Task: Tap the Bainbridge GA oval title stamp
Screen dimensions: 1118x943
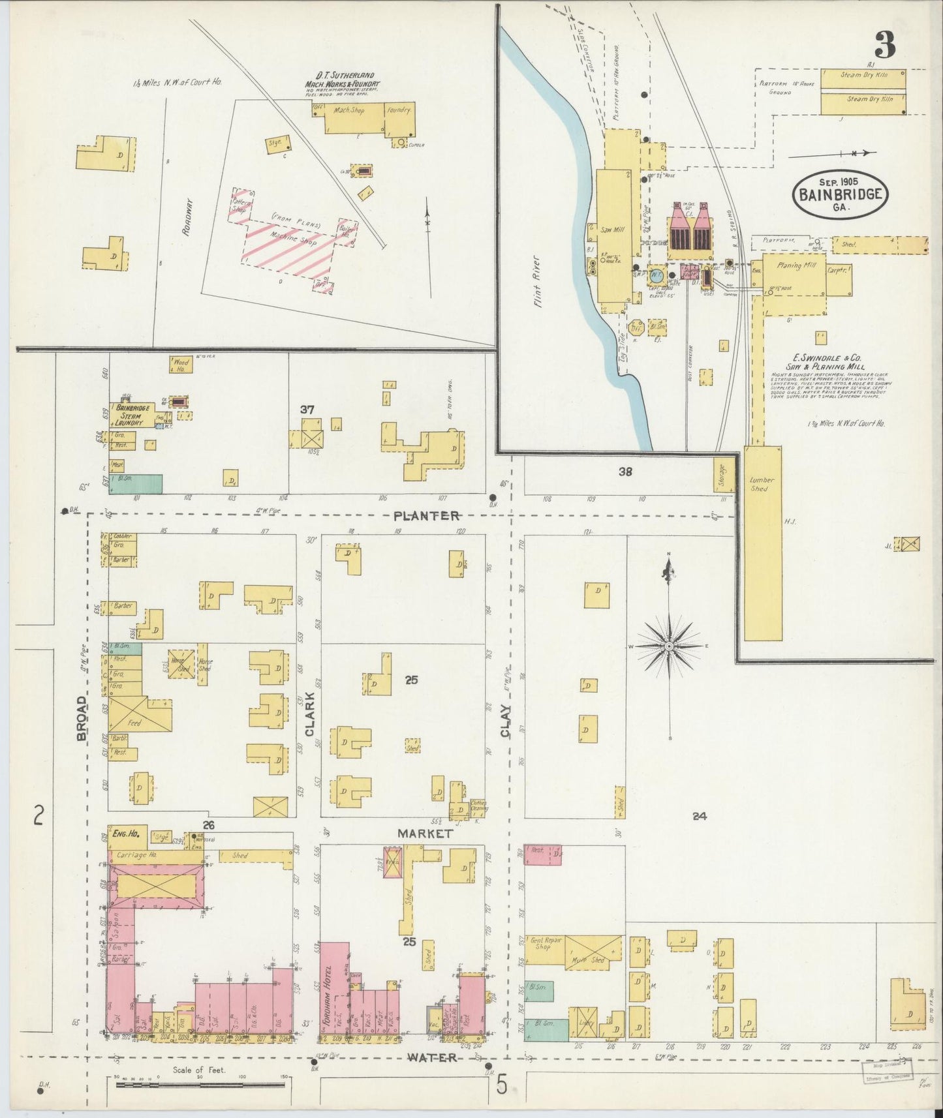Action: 840,194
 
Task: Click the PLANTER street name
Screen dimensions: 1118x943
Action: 426,516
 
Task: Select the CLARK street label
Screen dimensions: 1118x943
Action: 309,714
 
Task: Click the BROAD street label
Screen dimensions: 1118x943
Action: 82,718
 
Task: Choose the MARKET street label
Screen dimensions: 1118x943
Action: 425,834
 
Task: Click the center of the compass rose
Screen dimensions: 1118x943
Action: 669,646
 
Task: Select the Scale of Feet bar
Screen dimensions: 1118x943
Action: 200,1085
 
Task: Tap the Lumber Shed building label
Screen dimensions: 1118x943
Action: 762,483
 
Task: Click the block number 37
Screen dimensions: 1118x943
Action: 307,410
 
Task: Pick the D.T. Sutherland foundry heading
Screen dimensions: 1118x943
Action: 342,85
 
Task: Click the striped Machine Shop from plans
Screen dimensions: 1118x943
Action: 297,242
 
